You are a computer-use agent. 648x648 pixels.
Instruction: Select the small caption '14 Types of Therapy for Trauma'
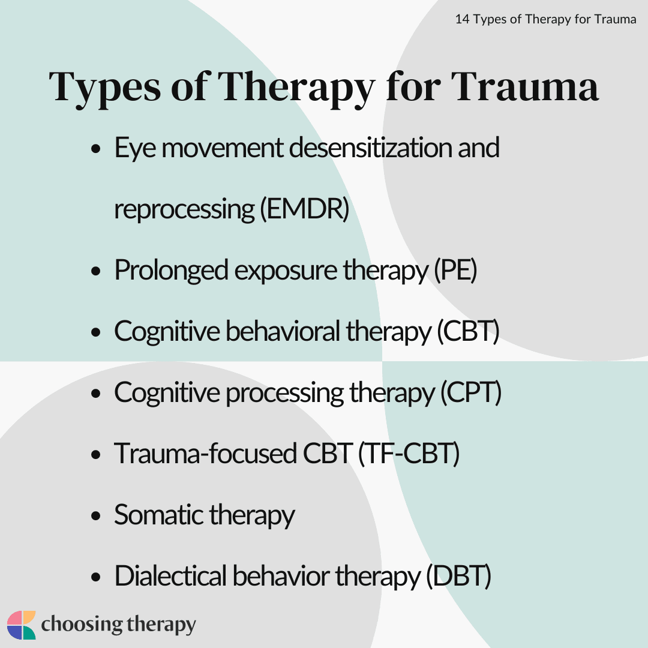[545, 19]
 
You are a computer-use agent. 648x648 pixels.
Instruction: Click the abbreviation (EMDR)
[304, 209]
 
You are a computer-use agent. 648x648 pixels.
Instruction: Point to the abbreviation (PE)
[455, 271]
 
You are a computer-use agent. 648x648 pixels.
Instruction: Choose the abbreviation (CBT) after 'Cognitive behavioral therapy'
[468, 331]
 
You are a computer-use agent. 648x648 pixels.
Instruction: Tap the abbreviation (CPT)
[470, 392]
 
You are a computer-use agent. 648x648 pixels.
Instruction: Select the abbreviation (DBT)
[458, 576]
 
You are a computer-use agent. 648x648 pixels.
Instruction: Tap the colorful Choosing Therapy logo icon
[22, 625]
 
